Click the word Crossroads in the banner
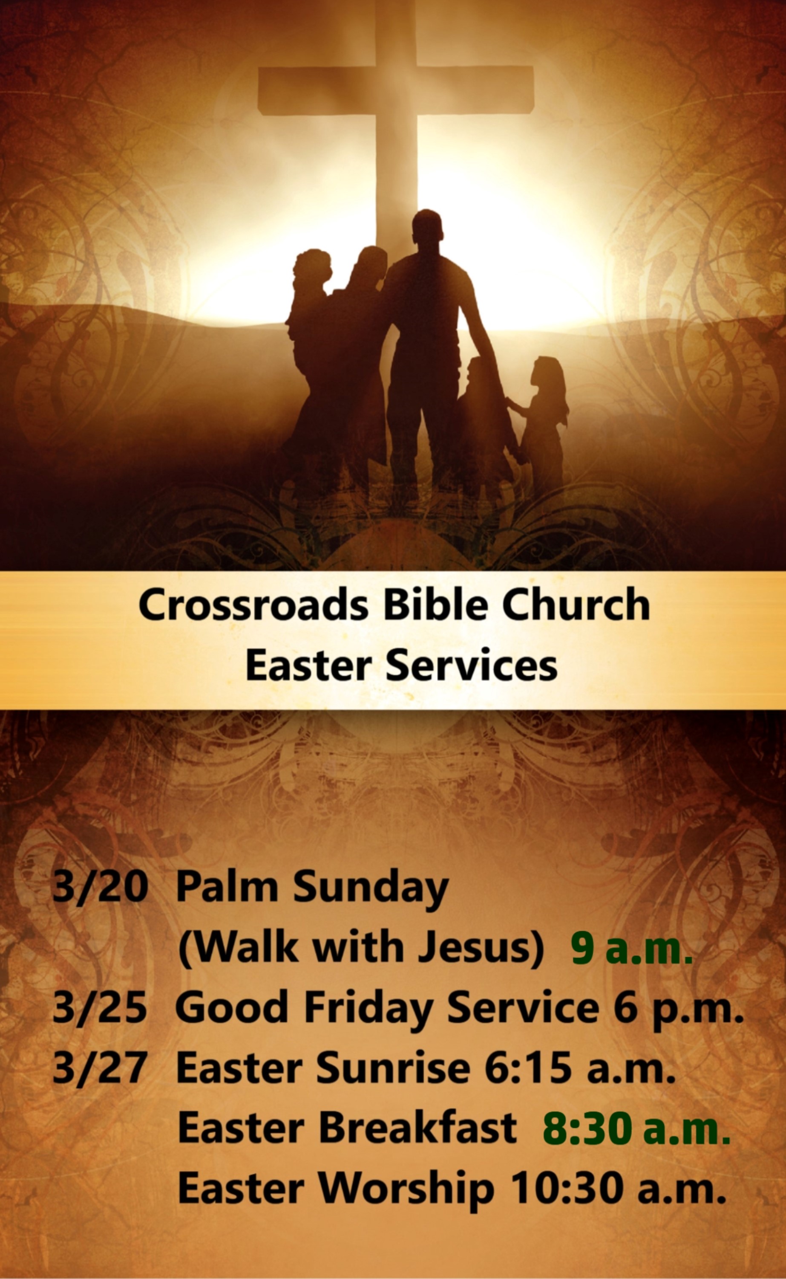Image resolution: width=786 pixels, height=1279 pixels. tap(253, 605)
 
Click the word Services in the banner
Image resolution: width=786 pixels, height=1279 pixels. tap(472, 666)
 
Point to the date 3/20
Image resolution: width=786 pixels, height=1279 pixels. tap(100, 886)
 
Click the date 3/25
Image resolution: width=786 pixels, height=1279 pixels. tap(100, 1007)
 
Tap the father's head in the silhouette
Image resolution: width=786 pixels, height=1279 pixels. tap(427, 227)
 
